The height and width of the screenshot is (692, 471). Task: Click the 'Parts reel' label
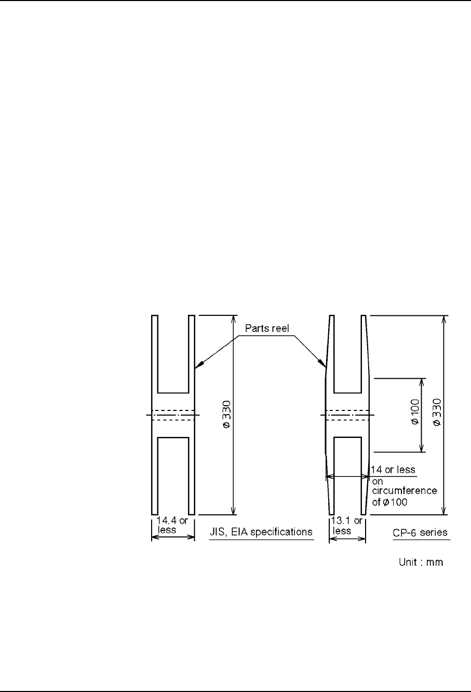point(267,328)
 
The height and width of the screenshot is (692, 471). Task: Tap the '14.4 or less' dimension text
point(172,525)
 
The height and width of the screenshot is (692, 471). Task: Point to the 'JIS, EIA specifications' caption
point(261,532)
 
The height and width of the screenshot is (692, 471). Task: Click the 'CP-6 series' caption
point(420,533)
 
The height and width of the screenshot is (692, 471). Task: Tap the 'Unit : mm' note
point(421,562)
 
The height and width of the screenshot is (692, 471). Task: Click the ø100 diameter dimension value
point(416,412)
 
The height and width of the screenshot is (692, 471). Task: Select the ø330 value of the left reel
point(226,414)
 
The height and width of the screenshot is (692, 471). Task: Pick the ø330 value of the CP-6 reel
point(437,412)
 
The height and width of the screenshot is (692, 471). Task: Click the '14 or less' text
point(393,470)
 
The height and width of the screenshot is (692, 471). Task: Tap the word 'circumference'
point(405,490)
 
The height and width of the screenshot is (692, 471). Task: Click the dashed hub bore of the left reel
point(173,415)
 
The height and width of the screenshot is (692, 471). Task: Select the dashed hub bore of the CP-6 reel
point(347,415)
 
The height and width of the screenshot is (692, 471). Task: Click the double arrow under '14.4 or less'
point(173,537)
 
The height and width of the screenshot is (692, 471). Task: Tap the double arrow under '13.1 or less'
point(347,539)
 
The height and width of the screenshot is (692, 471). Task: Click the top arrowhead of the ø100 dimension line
point(421,382)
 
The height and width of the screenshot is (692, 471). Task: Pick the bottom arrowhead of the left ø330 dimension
point(234,510)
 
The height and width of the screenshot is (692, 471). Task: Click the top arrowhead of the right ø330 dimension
point(444,320)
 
